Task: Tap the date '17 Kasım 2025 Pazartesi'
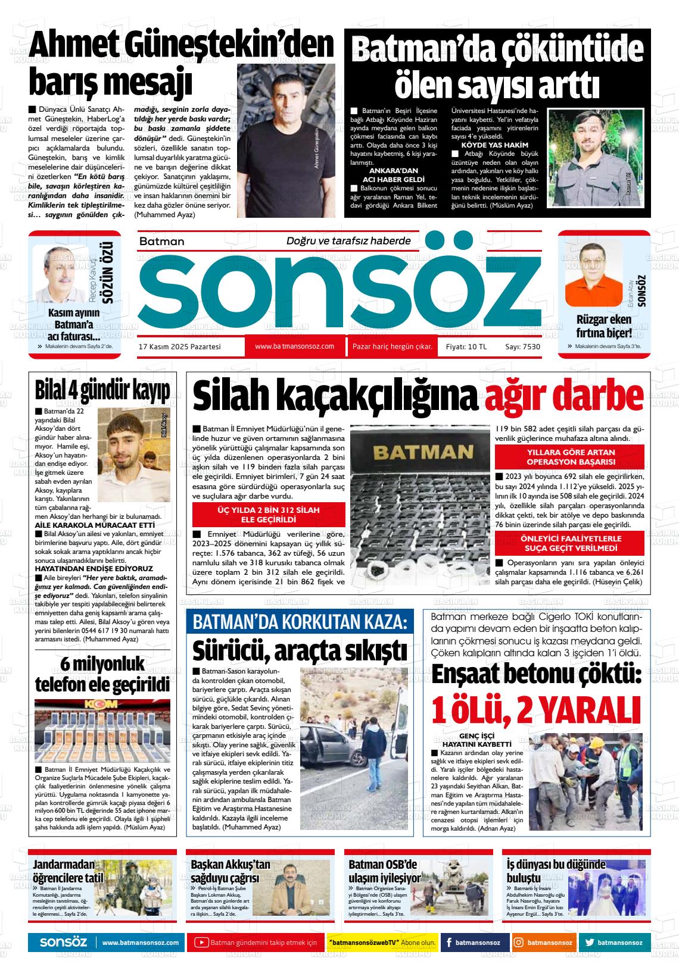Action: (x=179, y=346)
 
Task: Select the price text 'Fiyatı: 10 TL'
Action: (x=462, y=347)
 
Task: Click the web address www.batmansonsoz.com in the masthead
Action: (x=294, y=346)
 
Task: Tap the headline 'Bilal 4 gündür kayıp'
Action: (x=102, y=390)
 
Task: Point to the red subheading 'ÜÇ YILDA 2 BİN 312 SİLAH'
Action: (x=269, y=510)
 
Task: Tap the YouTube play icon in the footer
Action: (x=202, y=943)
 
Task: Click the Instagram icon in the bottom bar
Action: (x=519, y=943)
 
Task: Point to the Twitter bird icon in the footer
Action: (x=589, y=943)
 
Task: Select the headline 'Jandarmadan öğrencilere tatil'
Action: (x=68, y=871)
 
